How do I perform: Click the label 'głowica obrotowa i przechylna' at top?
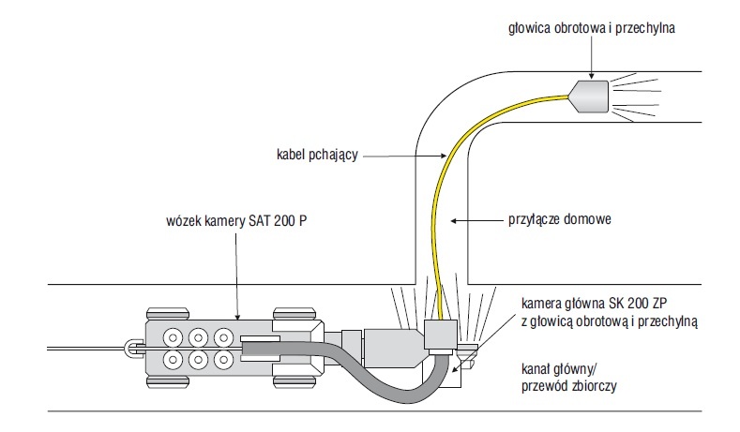(x=591, y=28)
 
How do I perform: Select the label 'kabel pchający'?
(x=317, y=155)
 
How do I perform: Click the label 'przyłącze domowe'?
(x=560, y=219)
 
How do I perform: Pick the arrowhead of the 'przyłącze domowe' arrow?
(x=454, y=220)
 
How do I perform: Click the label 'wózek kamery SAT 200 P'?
(x=236, y=221)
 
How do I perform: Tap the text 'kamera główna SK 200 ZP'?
(x=595, y=303)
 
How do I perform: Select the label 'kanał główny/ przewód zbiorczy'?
(x=568, y=378)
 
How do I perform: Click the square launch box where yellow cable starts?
(x=440, y=335)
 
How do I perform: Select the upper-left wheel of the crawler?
(x=168, y=314)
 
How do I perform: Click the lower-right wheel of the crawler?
(x=294, y=381)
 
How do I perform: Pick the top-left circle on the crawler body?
(x=174, y=337)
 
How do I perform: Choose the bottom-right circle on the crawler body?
(x=224, y=360)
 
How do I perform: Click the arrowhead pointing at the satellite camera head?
(x=591, y=76)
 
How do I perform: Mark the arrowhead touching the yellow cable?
(x=443, y=156)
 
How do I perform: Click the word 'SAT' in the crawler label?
(x=259, y=221)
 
